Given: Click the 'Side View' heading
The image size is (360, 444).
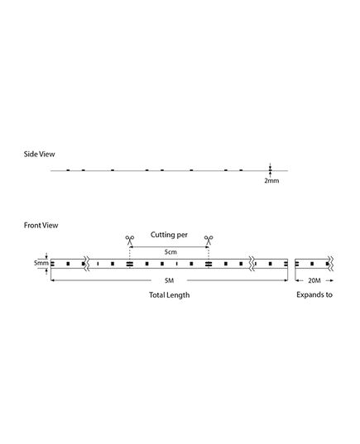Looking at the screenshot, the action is point(39,154).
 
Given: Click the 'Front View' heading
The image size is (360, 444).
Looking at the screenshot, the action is point(41,225).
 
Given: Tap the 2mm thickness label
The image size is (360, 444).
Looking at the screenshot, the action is point(271,180).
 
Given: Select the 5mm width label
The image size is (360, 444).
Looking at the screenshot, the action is point(41,263).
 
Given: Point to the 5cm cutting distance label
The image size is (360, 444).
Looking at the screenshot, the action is point(170,251).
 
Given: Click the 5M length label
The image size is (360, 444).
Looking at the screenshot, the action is point(169,280).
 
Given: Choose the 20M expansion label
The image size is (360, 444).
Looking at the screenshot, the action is point(314,280).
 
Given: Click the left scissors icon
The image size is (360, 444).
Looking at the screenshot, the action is point(130,240).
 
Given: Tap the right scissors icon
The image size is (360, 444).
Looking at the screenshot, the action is point(209,240).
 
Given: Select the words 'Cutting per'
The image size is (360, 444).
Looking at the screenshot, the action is point(169,235).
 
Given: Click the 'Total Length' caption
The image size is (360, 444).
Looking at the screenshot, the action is point(169,295).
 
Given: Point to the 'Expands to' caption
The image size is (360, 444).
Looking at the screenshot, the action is point(314,295).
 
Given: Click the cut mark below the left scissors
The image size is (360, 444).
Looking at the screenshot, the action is point(130,264).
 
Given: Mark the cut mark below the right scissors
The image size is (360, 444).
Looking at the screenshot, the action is point(209,264).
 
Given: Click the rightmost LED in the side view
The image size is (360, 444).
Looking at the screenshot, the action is point(241,169).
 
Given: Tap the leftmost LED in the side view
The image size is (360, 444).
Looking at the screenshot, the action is point(68,169).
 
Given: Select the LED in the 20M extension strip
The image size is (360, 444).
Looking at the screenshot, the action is point(312,264).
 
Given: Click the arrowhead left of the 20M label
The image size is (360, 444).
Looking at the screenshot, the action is point(297,280).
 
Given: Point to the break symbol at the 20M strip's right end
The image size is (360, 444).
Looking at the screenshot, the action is point(330,264).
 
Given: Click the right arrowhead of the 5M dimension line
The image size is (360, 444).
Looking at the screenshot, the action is point(286,280).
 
